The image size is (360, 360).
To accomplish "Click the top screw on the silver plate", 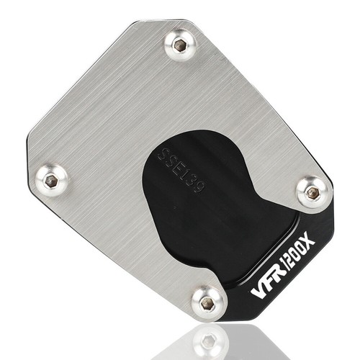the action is (x=180, y=45).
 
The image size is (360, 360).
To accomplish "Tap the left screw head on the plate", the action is (x=52, y=180).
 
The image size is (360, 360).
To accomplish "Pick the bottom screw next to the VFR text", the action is (x=207, y=302).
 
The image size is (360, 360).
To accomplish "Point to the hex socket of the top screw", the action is (x=179, y=44).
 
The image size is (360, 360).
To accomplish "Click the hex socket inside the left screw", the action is (x=51, y=179).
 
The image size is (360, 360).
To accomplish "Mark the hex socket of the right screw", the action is (x=312, y=192).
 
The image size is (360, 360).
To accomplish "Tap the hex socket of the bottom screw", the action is (x=207, y=302).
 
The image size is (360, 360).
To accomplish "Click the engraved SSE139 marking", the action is (x=181, y=171).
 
